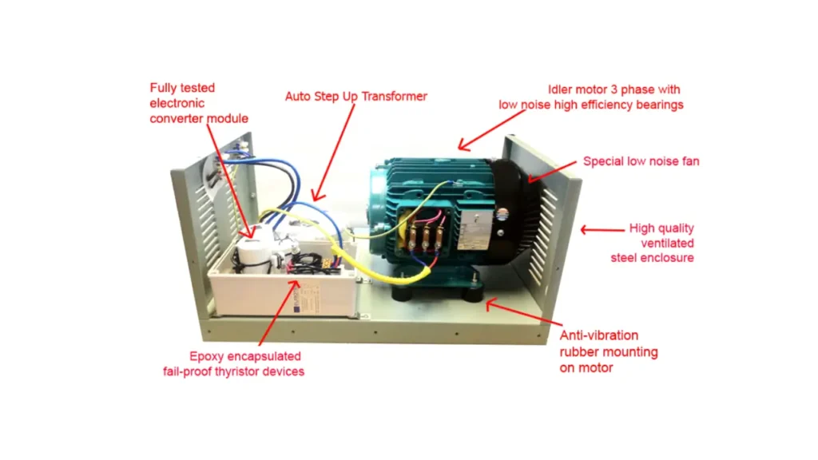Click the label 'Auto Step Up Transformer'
pyautogui.click(x=356, y=97)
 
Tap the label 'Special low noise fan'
pyautogui.click(x=641, y=161)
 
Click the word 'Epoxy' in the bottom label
pyautogui.click(x=206, y=356)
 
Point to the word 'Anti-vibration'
pyautogui.click(x=598, y=335)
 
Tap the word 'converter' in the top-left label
pyautogui.click(x=178, y=118)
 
